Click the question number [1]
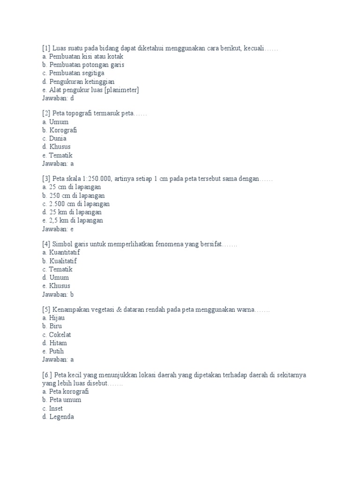coord(46,48)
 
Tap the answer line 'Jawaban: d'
coord(58,98)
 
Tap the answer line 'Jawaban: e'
coord(58,229)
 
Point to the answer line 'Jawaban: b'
coord(58,294)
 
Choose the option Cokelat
coord(56,335)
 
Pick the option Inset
coord(52,408)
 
